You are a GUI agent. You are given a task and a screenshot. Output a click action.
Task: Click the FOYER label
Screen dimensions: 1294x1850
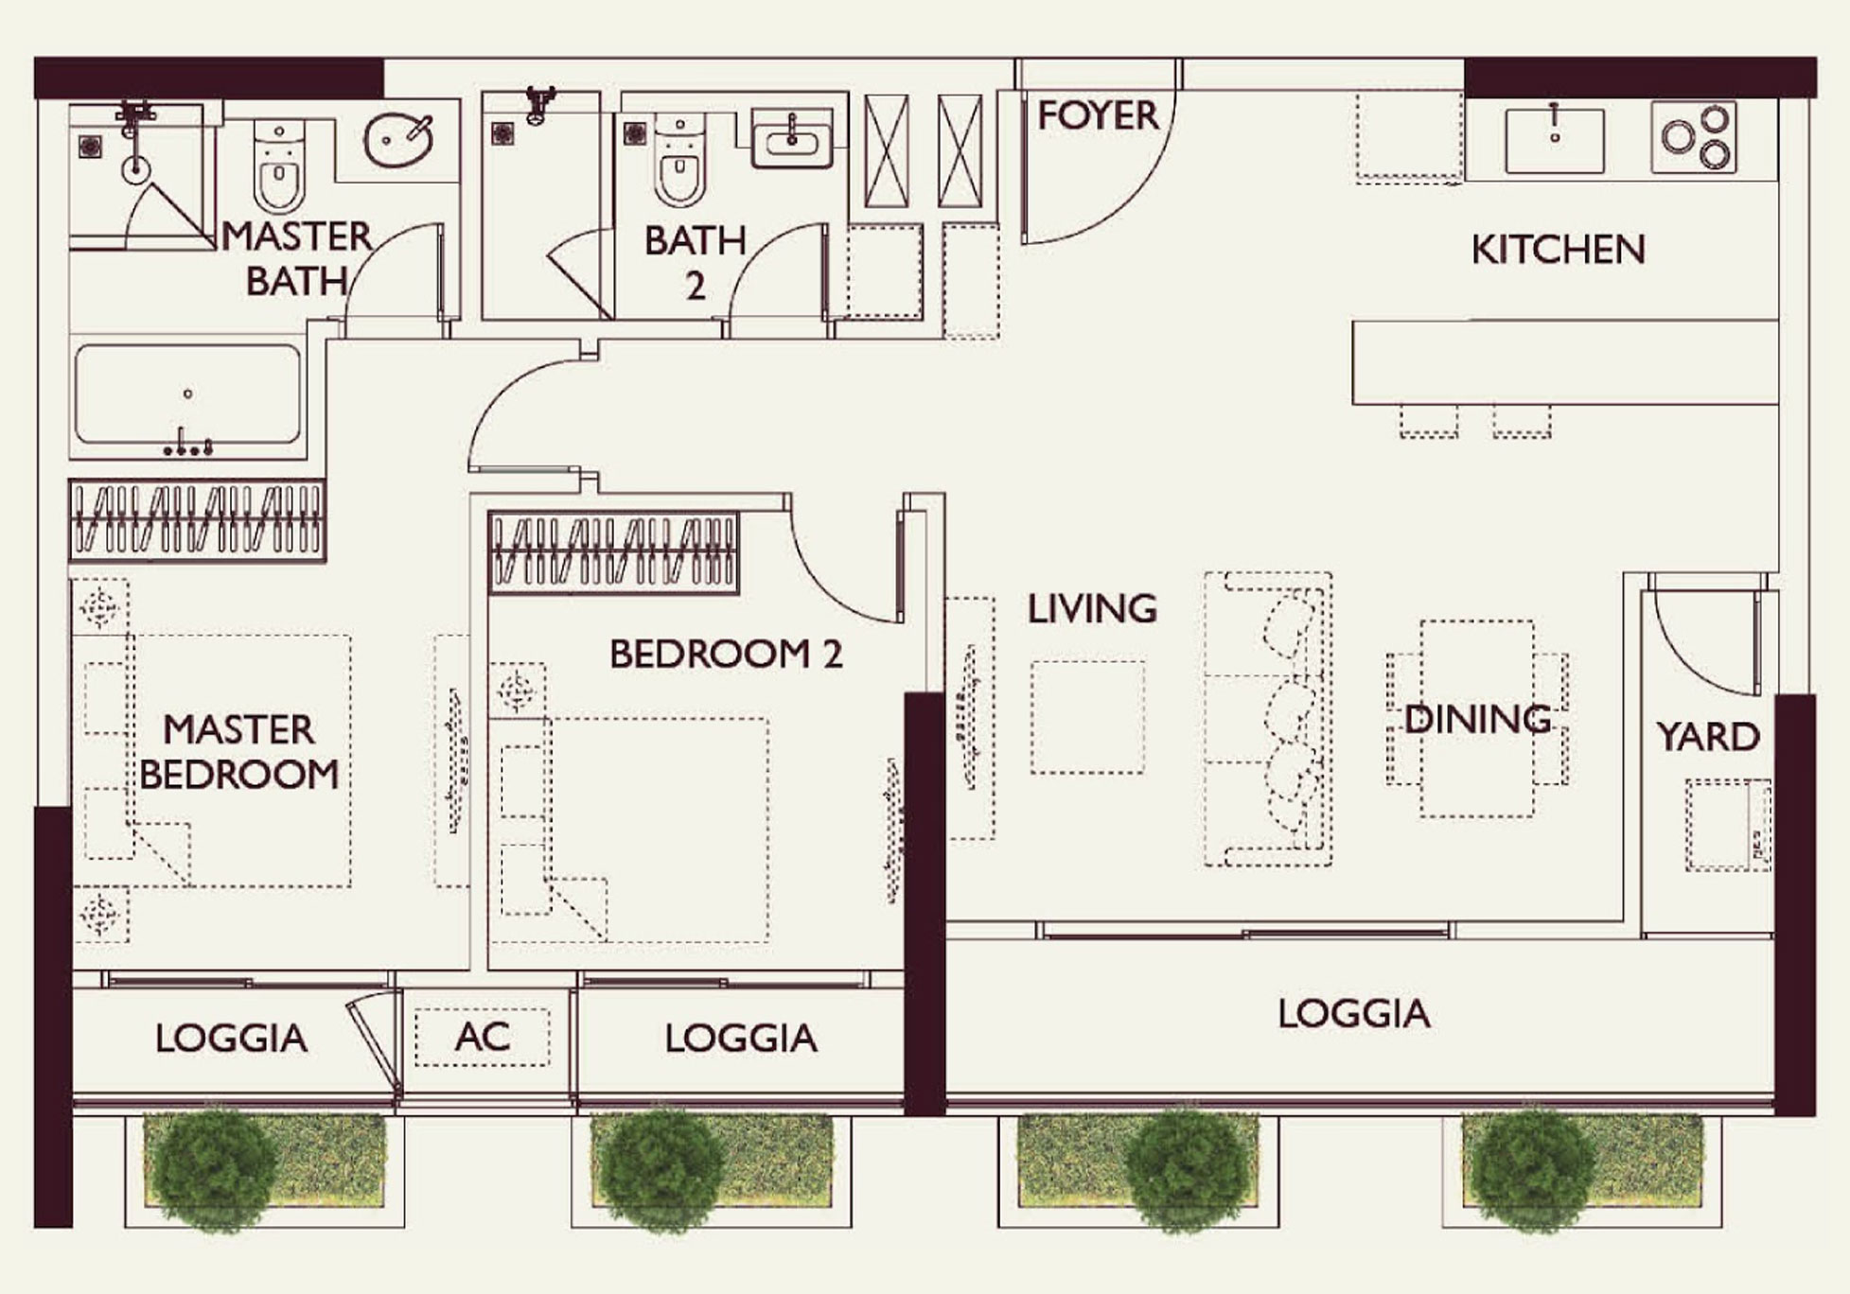pyautogui.click(x=1097, y=115)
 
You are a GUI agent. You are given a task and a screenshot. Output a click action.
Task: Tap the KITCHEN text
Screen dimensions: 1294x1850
pyautogui.click(x=1558, y=250)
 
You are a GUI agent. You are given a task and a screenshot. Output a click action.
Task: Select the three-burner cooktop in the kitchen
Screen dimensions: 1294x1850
pyautogui.click(x=1694, y=138)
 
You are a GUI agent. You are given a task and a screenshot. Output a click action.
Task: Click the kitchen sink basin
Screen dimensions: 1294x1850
pyautogui.click(x=1554, y=141)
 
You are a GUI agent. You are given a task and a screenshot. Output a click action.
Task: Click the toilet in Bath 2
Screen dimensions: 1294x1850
pyautogui.click(x=679, y=166)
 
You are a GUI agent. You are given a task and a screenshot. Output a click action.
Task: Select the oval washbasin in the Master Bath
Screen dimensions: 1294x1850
pyautogui.click(x=397, y=141)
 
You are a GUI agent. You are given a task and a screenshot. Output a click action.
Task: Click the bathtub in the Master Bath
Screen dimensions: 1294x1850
pyautogui.click(x=187, y=394)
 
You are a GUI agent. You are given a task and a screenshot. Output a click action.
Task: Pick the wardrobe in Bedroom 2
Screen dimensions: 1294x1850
pyautogui.click(x=613, y=554)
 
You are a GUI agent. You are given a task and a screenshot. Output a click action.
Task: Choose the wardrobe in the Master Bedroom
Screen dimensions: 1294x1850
pyautogui.click(x=197, y=520)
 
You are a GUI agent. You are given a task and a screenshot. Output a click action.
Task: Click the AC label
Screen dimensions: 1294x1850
pyautogui.click(x=482, y=1038)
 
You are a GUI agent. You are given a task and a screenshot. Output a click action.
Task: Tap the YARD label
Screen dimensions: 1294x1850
pyautogui.click(x=1707, y=737)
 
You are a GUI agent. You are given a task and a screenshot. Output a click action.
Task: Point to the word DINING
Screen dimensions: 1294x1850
pyautogui.click(x=1477, y=720)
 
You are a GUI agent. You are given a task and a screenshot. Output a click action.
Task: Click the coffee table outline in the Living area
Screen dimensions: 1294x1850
pyautogui.click(x=1087, y=717)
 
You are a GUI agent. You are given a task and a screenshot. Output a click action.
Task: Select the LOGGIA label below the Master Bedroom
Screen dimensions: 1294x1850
pyautogui.click(x=231, y=1039)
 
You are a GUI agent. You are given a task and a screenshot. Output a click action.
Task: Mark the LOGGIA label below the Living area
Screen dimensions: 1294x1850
pyautogui.click(x=1353, y=1014)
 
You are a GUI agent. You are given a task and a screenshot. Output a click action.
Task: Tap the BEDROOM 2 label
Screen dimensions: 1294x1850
pyautogui.click(x=725, y=655)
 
